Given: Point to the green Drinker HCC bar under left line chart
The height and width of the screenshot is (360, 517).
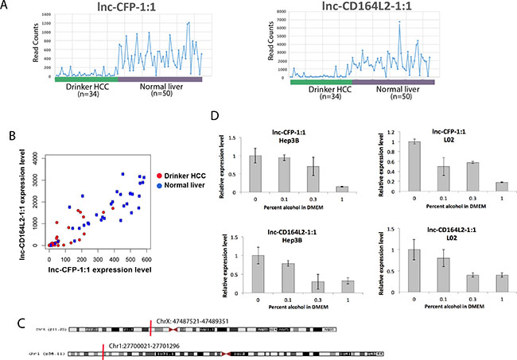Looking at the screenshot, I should pyautogui.click(x=86, y=79).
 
